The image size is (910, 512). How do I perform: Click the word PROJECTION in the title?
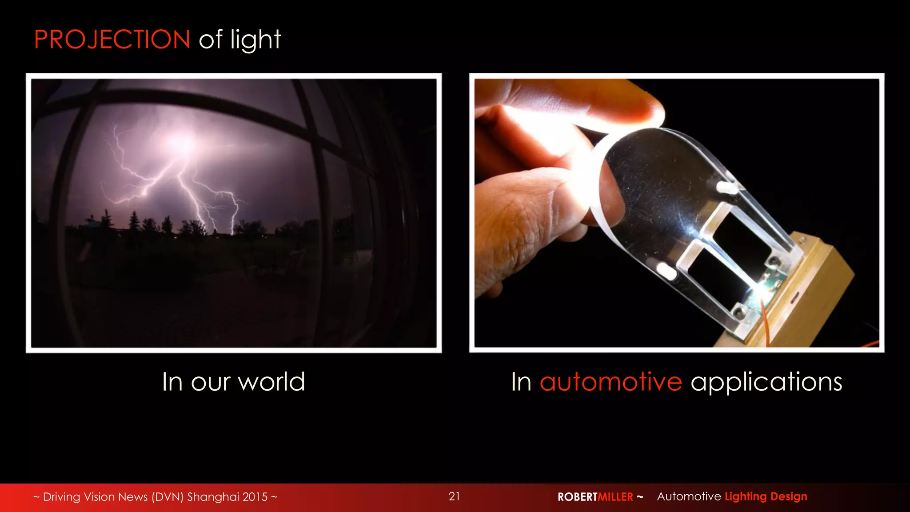[x=112, y=40]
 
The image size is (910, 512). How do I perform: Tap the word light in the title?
[x=255, y=40]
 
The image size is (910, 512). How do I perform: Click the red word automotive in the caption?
[x=611, y=382]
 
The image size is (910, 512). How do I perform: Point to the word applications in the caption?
[x=766, y=382]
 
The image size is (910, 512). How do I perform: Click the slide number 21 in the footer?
[x=454, y=496]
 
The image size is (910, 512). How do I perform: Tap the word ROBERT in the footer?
[x=578, y=497]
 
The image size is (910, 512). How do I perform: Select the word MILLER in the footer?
[x=615, y=497]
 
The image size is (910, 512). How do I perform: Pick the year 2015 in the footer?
[x=255, y=497]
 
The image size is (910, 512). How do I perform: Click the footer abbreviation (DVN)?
[x=168, y=497]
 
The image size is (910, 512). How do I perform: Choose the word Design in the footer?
[x=789, y=496]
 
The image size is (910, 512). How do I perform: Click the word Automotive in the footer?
[x=689, y=496]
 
